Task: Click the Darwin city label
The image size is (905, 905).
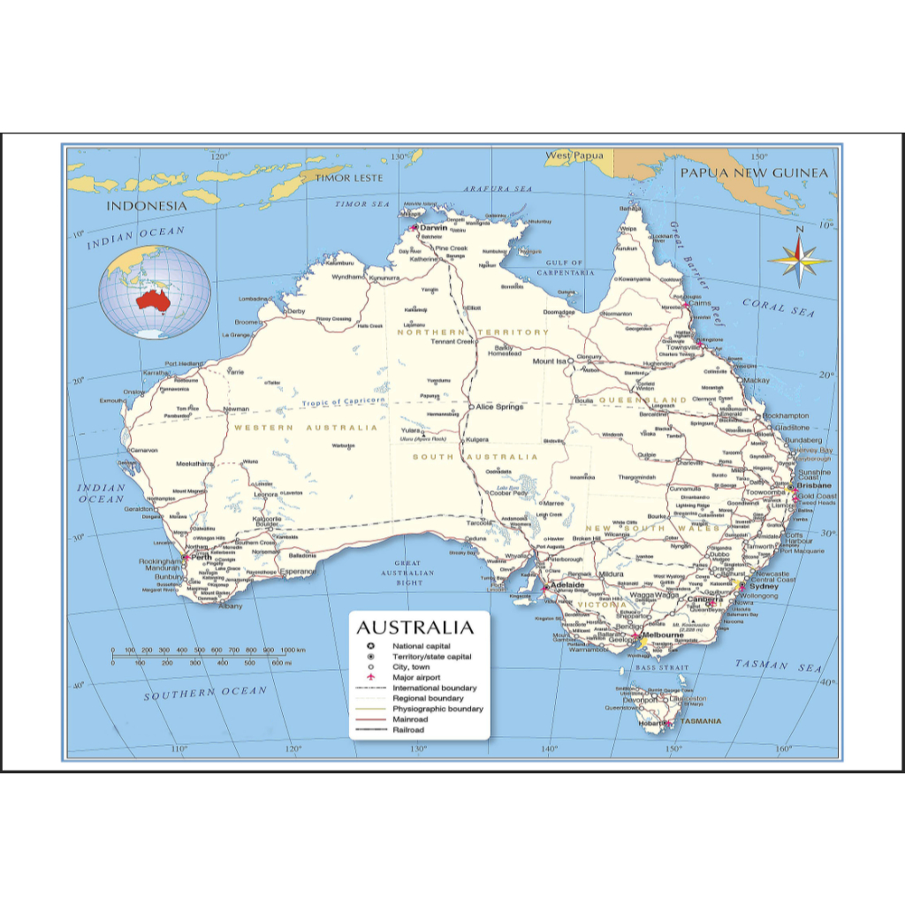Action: [x=435, y=227]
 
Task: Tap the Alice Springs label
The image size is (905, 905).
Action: [x=499, y=407]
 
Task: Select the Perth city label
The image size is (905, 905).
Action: [x=202, y=557]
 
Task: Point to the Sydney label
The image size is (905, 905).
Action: [x=764, y=586]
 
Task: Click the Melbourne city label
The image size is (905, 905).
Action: [x=664, y=635]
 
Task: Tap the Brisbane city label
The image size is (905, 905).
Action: [x=813, y=486]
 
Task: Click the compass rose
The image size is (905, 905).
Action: [x=799, y=260]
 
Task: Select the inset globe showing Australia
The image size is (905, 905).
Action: [x=155, y=293]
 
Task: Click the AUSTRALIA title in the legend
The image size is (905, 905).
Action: [x=414, y=628]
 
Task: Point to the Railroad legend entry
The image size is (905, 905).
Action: [x=408, y=730]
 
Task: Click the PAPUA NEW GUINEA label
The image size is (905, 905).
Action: [x=754, y=172]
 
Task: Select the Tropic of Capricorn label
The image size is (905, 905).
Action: [x=344, y=402]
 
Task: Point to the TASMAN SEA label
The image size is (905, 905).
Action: [x=778, y=666]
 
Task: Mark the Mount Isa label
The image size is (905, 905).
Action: [x=549, y=361]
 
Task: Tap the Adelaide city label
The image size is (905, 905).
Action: [x=567, y=585]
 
